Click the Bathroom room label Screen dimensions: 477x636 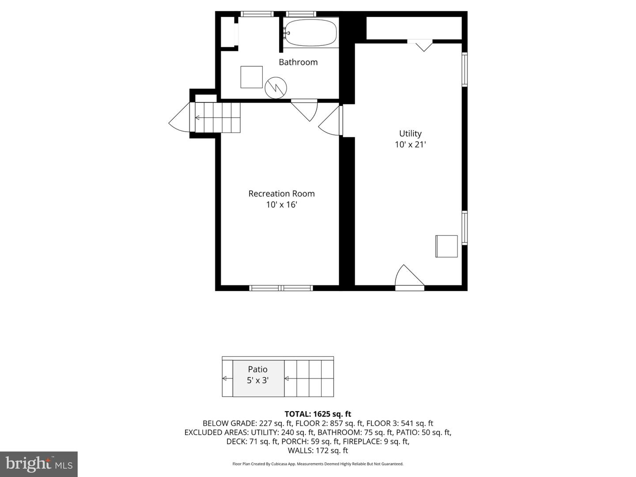tap(298, 62)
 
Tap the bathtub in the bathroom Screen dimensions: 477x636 tap(310, 33)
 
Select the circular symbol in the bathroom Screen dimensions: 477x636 tap(276, 87)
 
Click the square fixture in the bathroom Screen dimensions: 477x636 tap(251, 77)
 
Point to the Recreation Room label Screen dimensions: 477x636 tap(281, 193)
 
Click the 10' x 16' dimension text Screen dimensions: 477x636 tap(281, 204)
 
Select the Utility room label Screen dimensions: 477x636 tap(410, 133)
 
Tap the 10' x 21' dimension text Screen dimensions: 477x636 tap(410, 144)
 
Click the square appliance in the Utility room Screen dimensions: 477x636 tap(447, 246)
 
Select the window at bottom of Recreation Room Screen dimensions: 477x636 tap(281, 288)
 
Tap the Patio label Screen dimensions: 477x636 tap(257, 369)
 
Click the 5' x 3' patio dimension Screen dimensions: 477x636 tap(257, 380)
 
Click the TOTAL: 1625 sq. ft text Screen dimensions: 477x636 tap(318, 414)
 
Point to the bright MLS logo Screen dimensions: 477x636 tap(39, 464)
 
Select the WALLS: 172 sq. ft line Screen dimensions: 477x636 tap(318, 450)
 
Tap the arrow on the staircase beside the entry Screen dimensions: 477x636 tap(197, 117)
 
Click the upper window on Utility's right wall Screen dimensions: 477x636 tap(464, 69)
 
